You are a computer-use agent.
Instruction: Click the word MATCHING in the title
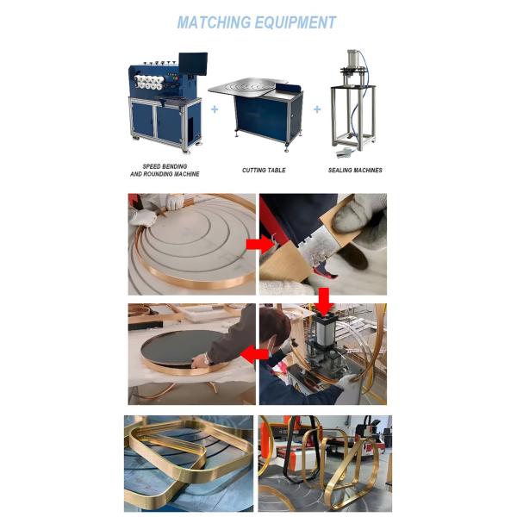point(214,22)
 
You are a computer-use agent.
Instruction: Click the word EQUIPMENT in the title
point(296,22)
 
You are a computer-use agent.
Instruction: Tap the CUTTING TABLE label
point(264,170)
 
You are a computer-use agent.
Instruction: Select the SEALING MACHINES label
point(355,170)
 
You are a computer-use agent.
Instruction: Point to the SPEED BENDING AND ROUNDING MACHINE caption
point(165,170)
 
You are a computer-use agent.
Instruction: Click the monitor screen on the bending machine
point(193,64)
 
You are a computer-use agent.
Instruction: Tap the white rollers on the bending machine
point(149,83)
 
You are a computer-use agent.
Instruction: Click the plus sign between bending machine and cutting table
point(215,109)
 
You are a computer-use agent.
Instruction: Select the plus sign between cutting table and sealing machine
point(317,109)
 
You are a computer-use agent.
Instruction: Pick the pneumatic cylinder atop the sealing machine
point(352,59)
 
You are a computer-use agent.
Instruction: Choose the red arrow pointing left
point(254,354)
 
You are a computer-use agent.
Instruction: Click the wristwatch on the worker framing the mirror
point(207,358)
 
